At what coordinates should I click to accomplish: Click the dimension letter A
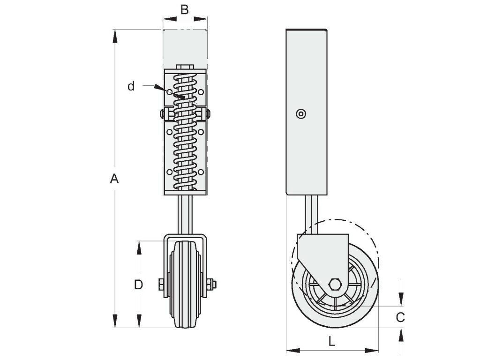(114, 179)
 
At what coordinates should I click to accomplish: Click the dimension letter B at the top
(184, 10)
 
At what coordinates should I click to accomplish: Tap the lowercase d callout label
(131, 86)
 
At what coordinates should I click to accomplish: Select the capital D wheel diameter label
(138, 285)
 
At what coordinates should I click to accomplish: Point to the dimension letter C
(400, 317)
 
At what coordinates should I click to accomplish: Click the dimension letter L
(331, 341)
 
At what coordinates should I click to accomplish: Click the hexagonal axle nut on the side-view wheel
(335, 285)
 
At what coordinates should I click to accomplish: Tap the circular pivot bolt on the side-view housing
(301, 114)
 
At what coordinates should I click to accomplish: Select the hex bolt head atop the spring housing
(185, 67)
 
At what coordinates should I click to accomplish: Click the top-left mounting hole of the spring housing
(169, 92)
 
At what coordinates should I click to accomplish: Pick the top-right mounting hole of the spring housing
(201, 92)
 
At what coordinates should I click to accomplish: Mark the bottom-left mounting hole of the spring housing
(169, 172)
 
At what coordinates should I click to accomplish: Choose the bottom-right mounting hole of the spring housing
(201, 172)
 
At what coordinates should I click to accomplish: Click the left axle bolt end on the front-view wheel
(162, 285)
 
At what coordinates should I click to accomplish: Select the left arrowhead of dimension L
(293, 350)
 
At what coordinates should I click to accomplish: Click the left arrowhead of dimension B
(170, 19)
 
